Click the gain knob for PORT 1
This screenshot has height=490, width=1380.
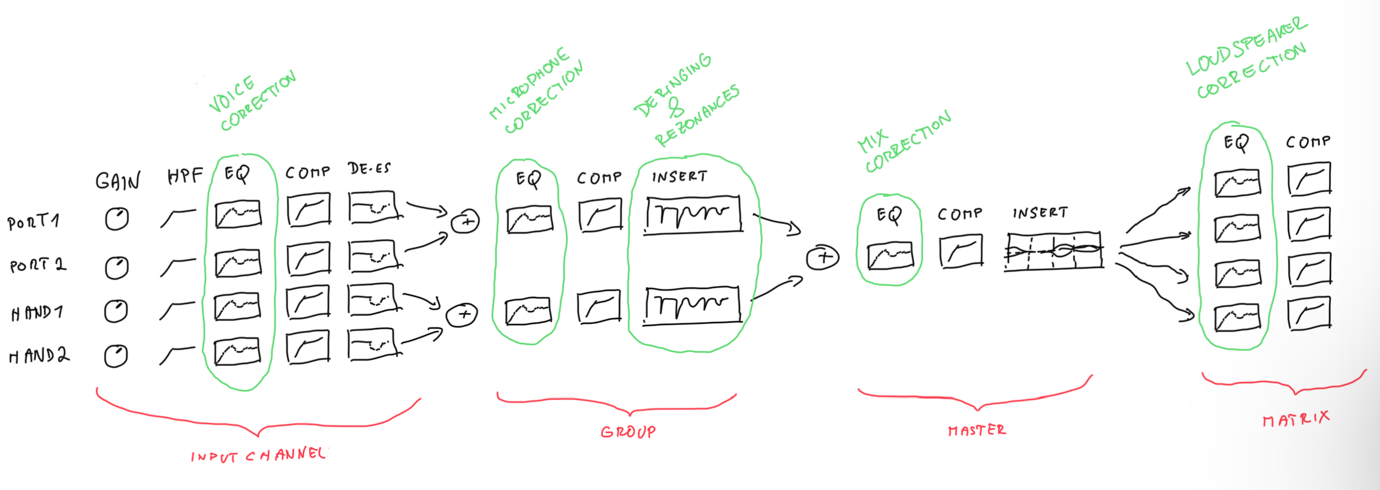click(x=117, y=219)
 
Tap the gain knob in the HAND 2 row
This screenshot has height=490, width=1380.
click(x=116, y=356)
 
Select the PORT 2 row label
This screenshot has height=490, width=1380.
click(x=38, y=265)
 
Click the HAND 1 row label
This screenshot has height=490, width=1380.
click(x=37, y=312)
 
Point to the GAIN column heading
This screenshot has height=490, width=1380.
click(x=118, y=181)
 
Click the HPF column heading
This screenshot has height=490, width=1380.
click(x=185, y=175)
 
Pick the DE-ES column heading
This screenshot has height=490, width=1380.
click(x=369, y=169)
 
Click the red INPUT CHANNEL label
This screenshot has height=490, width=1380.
click(x=258, y=455)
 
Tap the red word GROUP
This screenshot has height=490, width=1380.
click(x=628, y=432)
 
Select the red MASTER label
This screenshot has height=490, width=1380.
click(x=977, y=430)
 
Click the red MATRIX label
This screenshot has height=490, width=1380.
click(x=1296, y=419)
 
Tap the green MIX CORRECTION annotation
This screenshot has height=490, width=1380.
click(x=904, y=143)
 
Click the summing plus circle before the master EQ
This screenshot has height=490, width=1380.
click(x=823, y=258)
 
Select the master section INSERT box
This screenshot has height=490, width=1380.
click(x=1054, y=250)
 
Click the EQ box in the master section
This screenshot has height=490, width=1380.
click(x=890, y=255)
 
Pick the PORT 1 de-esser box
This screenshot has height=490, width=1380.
click(x=372, y=208)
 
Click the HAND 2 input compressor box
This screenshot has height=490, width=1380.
click(x=308, y=347)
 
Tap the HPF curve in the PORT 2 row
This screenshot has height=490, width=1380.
click(x=178, y=267)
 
